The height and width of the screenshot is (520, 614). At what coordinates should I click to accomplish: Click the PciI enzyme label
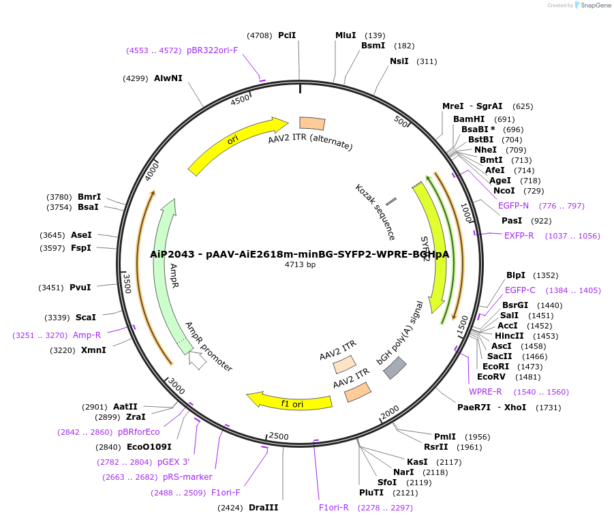tap(286, 35)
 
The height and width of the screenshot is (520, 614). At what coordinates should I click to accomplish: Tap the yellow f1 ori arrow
tap(290, 402)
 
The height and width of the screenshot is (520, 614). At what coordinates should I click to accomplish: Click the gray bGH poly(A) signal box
tap(395, 368)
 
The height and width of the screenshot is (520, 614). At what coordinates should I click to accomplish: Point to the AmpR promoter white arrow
tap(198, 361)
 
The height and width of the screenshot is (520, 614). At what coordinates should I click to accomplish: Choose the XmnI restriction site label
tap(93, 350)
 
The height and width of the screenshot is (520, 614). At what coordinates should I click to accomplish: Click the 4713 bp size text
tap(300, 264)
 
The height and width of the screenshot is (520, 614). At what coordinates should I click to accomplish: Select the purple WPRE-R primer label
tap(485, 392)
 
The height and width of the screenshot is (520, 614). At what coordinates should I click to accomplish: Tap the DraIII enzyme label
tap(263, 508)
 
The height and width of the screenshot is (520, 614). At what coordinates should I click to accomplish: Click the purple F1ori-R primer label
tap(334, 508)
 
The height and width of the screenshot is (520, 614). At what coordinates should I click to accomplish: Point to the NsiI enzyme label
tap(399, 61)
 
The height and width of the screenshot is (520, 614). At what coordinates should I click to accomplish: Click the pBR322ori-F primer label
tap(212, 50)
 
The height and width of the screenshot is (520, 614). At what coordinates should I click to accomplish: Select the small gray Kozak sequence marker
tap(391, 202)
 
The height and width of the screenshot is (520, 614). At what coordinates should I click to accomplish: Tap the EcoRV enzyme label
tap(491, 377)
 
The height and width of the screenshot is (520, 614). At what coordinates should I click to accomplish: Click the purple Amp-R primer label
tap(87, 335)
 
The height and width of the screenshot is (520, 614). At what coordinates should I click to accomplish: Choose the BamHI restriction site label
tap(469, 119)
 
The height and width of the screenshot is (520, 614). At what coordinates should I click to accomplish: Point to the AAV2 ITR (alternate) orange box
tap(312, 123)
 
